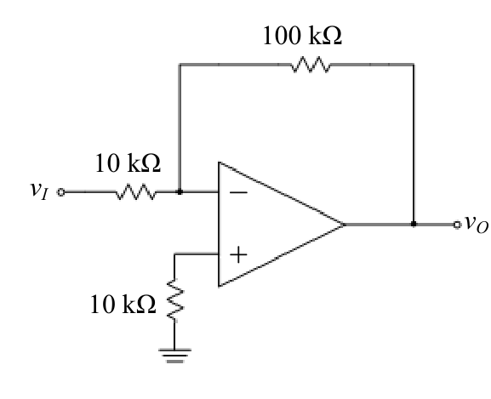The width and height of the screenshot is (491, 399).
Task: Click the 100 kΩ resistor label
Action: [302, 36]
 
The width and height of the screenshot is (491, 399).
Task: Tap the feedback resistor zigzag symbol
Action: [311, 65]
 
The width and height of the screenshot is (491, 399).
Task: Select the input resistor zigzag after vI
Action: [136, 191]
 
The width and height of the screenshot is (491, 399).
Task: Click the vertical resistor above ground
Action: [174, 299]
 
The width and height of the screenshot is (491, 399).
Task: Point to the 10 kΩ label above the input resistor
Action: [128, 163]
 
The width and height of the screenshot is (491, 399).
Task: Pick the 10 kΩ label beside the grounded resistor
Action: [123, 305]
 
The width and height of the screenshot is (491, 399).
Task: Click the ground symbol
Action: [174, 356]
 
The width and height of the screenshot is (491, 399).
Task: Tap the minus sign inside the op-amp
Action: [238, 192]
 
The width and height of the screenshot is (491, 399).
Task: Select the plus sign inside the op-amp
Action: [238, 254]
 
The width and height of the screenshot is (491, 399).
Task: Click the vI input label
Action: [39, 191]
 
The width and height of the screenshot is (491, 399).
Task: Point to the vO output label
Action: [477, 224]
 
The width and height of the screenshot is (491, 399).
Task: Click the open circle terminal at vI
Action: [61, 191]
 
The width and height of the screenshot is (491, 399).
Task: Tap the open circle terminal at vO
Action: [457, 225]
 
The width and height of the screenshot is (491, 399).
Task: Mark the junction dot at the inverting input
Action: [180, 191]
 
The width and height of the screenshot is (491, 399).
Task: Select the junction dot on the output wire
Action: [414, 224]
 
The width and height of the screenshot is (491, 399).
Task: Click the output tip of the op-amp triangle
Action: [344, 225]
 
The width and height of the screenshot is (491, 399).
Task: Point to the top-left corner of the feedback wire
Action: [180, 65]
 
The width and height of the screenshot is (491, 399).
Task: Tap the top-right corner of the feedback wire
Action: [414, 65]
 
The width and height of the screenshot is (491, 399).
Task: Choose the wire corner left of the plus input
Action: [174, 254]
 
